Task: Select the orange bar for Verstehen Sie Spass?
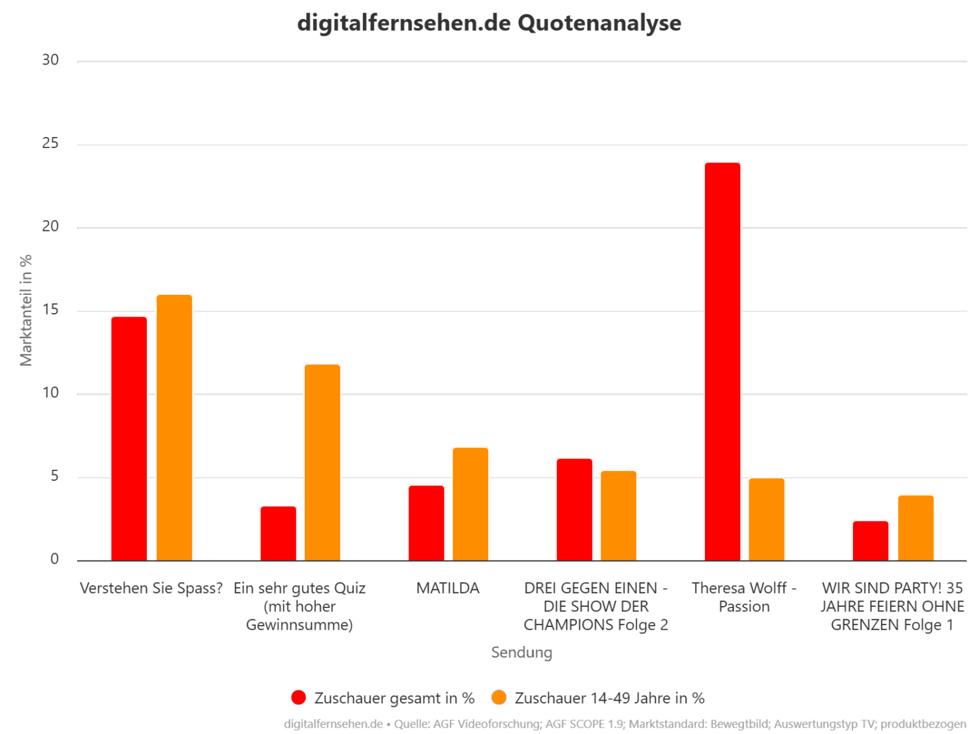pyautogui.click(x=174, y=427)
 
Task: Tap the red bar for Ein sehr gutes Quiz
pyautogui.click(x=278, y=533)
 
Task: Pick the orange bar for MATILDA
pyautogui.click(x=471, y=504)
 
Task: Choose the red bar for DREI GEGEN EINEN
pyautogui.click(x=574, y=510)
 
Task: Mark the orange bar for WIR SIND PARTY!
pyautogui.click(x=916, y=528)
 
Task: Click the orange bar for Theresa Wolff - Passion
pyautogui.click(x=766, y=519)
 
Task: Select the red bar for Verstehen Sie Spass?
pyautogui.click(x=129, y=438)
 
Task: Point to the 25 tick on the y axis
pyautogui.click(x=50, y=144)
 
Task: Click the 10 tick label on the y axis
pyautogui.click(x=50, y=393)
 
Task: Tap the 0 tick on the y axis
pyautogui.click(x=54, y=560)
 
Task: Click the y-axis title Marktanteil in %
pyautogui.click(x=26, y=311)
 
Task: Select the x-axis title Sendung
pyautogui.click(x=521, y=652)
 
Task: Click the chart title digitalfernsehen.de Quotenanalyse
pyautogui.click(x=489, y=23)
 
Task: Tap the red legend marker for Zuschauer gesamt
pyautogui.click(x=298, y=697)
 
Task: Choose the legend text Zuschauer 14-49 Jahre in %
pyautogui.click(x=609, y=698)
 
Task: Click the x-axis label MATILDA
pyautogui.click(x=448, y=589)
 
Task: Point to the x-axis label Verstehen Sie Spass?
pyautogui.click(x=151, y=589)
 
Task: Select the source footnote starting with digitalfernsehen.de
pyautogui.click(x=625, y=724)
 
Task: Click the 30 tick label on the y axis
pyautogui.click(x=50, y=60)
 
